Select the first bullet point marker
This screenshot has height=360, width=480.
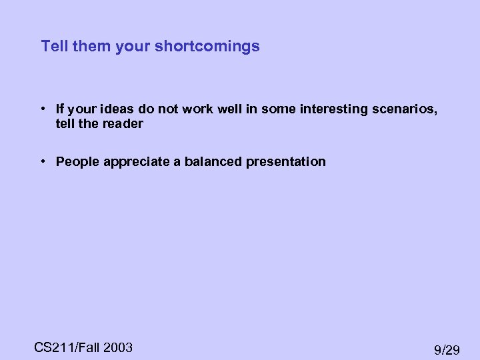42,109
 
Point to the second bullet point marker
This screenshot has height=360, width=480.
42,161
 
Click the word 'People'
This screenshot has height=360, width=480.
77,162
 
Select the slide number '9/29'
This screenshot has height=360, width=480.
447,349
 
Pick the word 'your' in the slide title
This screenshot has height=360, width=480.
133,47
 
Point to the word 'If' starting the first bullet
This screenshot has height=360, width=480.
60,109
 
